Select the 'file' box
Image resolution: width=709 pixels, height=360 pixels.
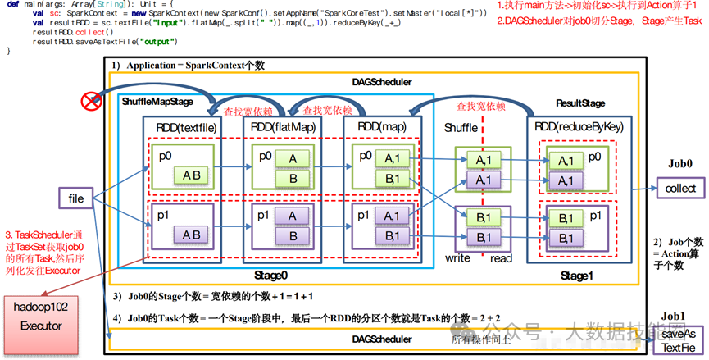(x=76, y=198)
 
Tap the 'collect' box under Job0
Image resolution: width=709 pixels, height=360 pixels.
(x=680, y=189)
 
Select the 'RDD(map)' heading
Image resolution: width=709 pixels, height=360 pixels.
(x=383, y=127)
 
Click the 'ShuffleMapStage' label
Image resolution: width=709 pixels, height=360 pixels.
(x=157, y=101)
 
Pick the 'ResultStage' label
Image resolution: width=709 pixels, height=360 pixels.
(x=579, y=103)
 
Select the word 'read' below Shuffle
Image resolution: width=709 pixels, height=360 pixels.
(x=502, y=257)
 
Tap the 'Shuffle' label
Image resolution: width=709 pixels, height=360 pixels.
(x=461, y=129)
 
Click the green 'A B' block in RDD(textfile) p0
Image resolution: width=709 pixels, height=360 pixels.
(x=191, y=175)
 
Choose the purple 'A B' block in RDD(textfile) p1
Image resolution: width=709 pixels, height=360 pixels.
(x=191, y=235)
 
